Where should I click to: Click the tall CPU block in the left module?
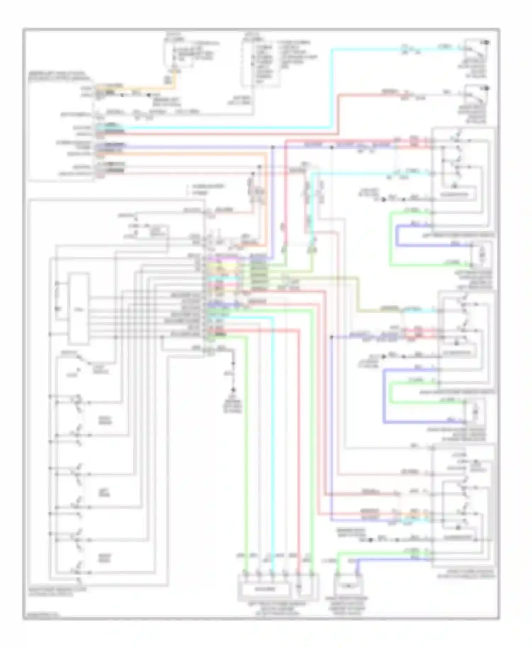coord(78,308)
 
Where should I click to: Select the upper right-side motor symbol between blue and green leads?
coord(481,255)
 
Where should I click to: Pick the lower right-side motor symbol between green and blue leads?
coord(475,412)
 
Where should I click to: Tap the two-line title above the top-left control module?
coord(59,76)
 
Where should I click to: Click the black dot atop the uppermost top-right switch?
coord(487,43)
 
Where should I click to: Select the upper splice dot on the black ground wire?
coord(233,364)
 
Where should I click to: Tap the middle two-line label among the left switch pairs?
coord(105,492)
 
